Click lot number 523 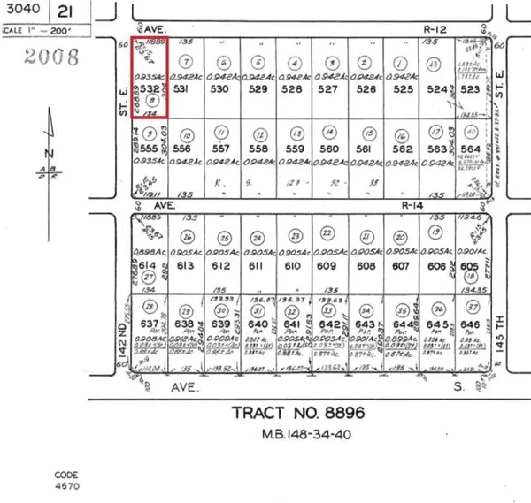tap(469, 89)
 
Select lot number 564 tap(469, 149)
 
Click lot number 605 tap(469, 266)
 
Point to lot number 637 tap(150, 324)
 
